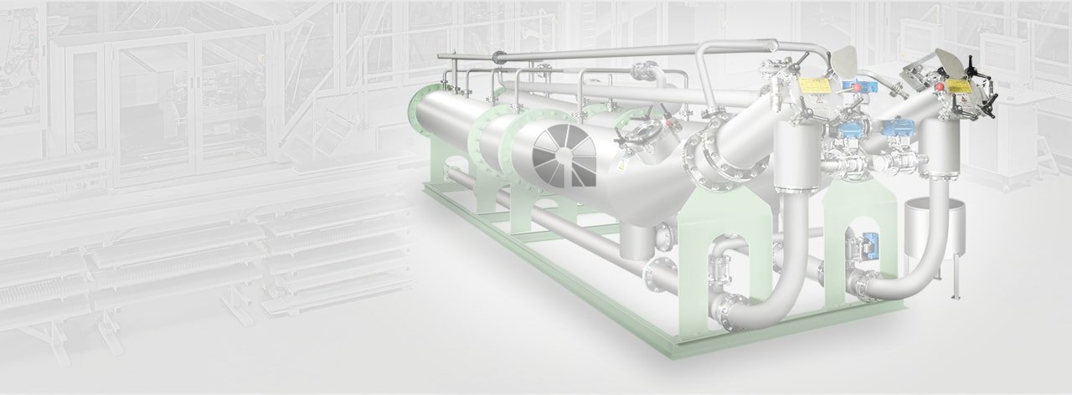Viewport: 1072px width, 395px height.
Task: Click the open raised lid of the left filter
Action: click(846, 59)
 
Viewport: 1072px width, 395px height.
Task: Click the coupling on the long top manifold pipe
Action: click(499, 58)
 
